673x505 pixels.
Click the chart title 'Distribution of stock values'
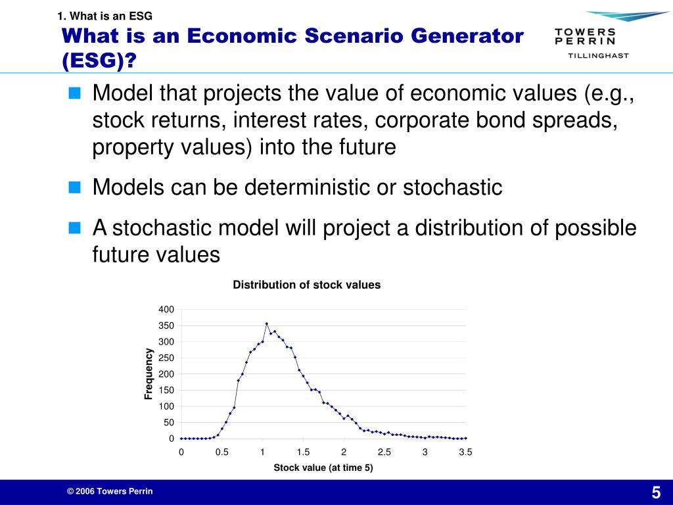[x=306, y=285]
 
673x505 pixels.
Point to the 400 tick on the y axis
[x=166, y=309]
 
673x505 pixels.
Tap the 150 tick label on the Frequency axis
[x=166, y=391]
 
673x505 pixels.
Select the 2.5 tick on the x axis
[x=384, y=452]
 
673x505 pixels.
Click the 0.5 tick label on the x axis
[x=221, y=452]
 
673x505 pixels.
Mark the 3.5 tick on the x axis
[x=465, y=452]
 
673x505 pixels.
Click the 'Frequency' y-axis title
[x=148, y=373]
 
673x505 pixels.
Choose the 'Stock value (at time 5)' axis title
[x=323, y=468]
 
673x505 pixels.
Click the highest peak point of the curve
[x=267, y=324]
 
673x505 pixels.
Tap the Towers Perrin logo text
[x=585, y=37]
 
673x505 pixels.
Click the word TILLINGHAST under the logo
[x=598, y=55]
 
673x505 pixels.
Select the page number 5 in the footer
[x=657, y=492]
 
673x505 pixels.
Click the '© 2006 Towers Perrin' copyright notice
[x=110, y=491]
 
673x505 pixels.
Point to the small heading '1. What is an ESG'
[x=104, y=16]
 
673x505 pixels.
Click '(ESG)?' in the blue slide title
[x=99, y=60]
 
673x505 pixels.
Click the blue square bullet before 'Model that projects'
[x=74, y=93]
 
